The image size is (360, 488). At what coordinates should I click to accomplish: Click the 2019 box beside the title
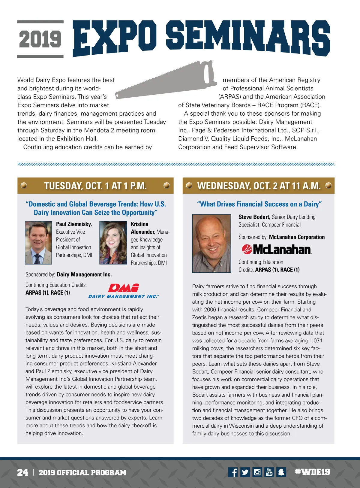click(x=40, y=39)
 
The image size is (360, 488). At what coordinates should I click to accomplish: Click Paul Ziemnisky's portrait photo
click(x=38, y=243)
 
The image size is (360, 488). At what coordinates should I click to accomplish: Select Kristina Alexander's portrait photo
click(x=113, y=243)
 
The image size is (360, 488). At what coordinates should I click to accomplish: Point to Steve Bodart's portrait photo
click(x=211, y=243)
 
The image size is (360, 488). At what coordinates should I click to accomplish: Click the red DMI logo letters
click(x=124, y=288)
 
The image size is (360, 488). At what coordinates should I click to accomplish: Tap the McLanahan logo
click(x=277, y=249)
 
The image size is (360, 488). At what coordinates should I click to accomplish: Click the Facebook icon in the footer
click(x=233, y=472)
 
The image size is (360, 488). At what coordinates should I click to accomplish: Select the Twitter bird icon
click(x=245, y=472)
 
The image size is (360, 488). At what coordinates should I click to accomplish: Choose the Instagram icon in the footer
click(x=257, y=472)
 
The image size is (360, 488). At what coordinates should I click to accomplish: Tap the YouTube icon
click(x=269, y=472)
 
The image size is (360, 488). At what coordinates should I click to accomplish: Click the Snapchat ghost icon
click(x=281, y=472)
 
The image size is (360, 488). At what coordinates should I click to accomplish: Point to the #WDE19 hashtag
click(x=312, y=472)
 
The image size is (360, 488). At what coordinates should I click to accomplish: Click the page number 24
click(x=23, y=472)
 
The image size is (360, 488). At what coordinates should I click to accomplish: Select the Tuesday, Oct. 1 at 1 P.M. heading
click(x=95, y=186)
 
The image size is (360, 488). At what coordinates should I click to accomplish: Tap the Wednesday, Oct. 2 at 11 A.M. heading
click(x=259, y=186)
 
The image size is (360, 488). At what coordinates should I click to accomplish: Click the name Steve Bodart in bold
click(x=254, y=217)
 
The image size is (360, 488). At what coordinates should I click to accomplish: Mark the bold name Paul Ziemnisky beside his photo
click(x=74, y=224)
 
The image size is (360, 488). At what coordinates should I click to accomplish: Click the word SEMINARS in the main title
click(x=248, y=38)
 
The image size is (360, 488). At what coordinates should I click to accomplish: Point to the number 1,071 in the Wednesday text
click(x=316, y=341)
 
